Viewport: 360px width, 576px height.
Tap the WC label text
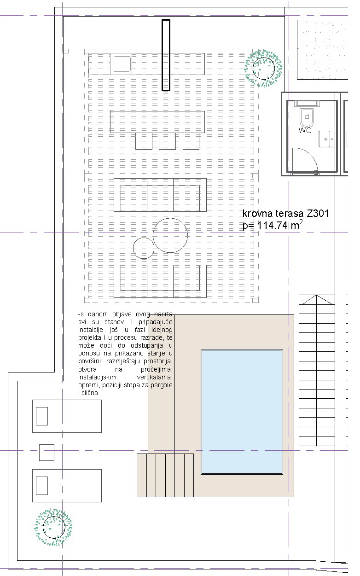305,130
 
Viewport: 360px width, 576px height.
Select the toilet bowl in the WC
306,117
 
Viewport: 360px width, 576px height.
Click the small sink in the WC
326,139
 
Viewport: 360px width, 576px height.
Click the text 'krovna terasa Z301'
285,214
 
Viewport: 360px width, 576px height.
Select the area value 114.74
273,226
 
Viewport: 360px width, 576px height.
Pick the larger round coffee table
170,235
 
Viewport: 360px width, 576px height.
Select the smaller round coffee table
144,248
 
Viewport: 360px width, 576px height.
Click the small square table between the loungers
46,453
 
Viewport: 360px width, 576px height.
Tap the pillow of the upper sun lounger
42,416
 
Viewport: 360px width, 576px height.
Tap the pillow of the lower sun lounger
42,486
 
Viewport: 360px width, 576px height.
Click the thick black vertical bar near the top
166,55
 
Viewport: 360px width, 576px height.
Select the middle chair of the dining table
167,141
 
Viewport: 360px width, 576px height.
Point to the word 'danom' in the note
98,314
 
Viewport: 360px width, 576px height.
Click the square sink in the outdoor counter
122,64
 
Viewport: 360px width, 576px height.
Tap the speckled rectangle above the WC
322,50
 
